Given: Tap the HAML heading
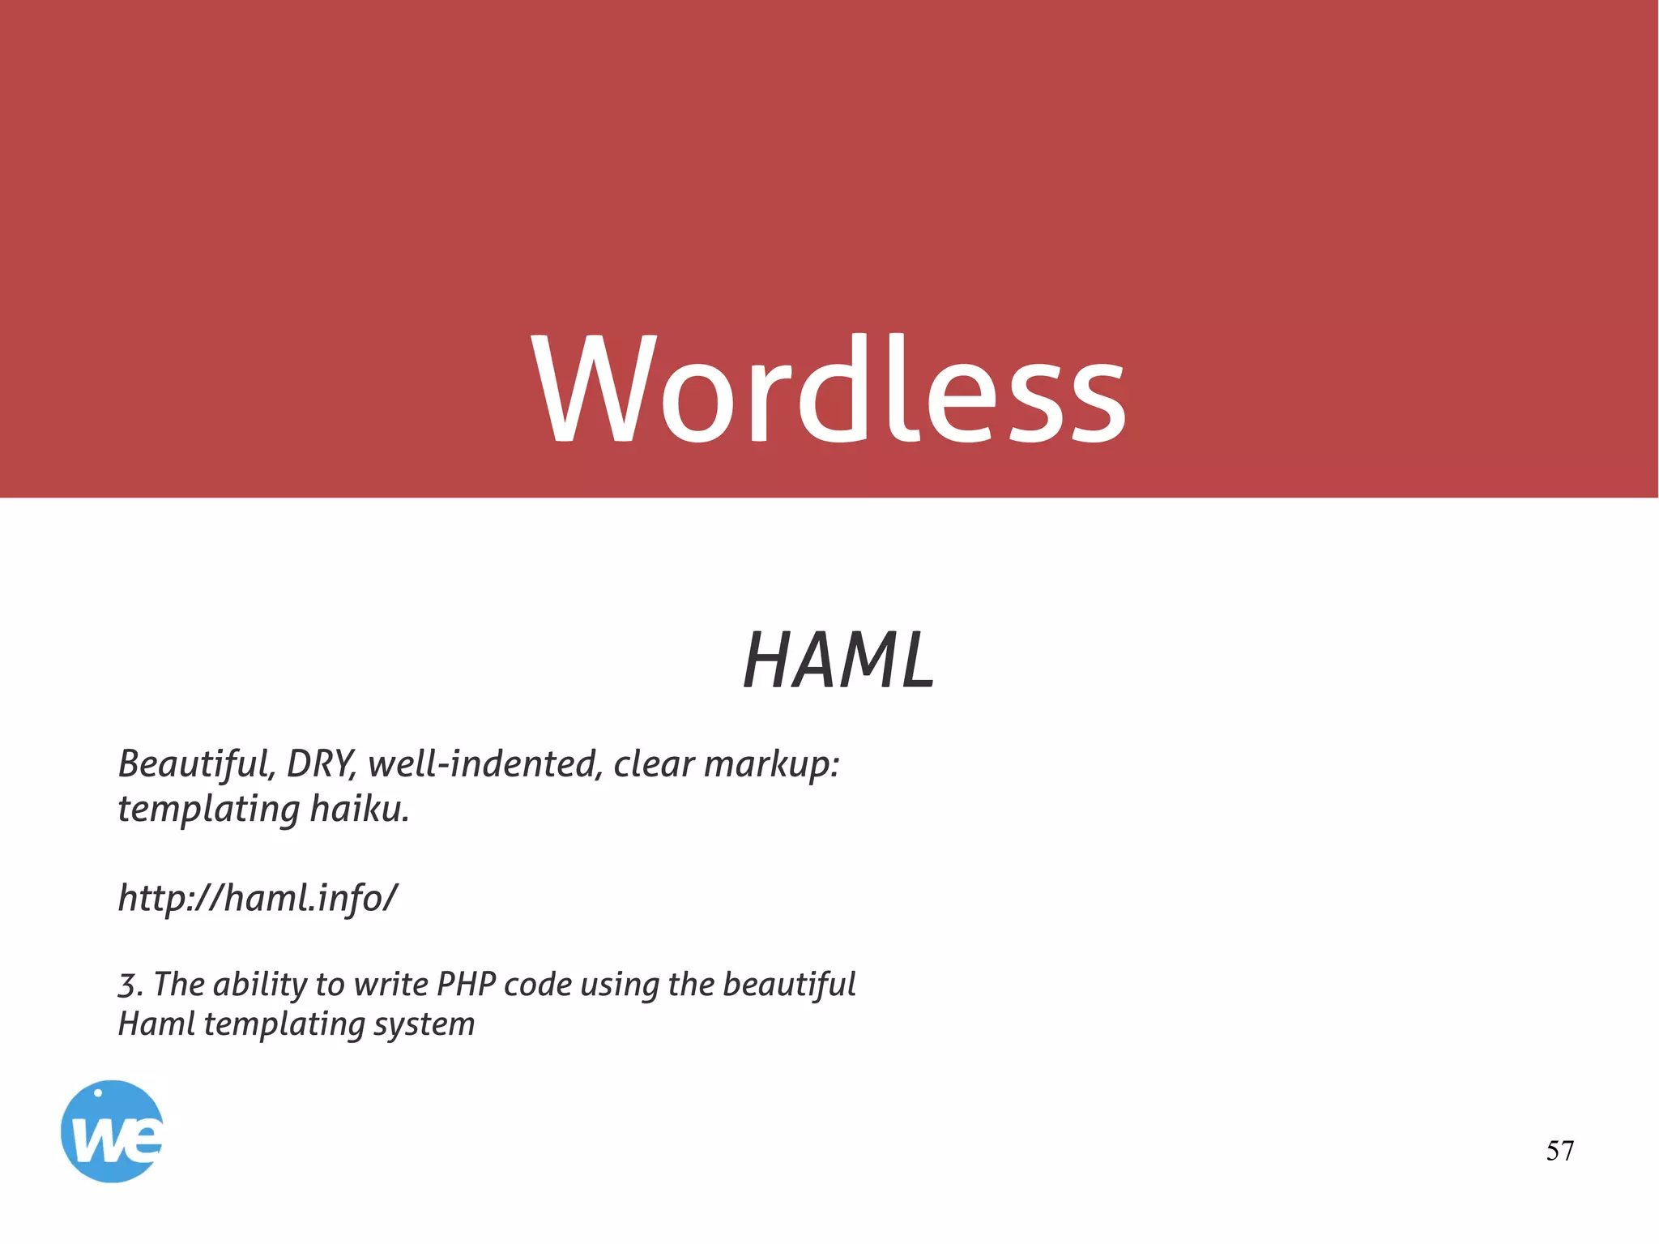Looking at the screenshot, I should click(x=839, y=660).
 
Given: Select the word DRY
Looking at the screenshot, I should click(x=320, y=763).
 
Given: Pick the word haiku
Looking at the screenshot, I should click(x=360, y=809).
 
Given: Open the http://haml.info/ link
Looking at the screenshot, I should click(x=258, y=898).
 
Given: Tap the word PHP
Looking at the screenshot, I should click(x=466, y=985).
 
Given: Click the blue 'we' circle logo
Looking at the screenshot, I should click(x=112, y=1131).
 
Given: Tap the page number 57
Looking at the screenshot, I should click(x=1559, y=1151).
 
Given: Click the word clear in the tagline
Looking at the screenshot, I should click(x=653, y=763).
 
